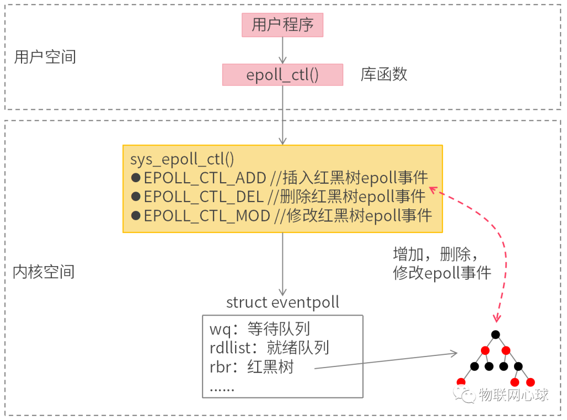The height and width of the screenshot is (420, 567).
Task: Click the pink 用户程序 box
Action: (282, 25)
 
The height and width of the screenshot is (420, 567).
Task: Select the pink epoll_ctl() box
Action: (282, 75)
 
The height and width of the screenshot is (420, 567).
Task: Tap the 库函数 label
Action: (384, 74)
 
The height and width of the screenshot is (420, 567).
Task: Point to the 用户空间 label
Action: (45, 57)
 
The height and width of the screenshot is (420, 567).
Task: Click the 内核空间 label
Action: (44, 271)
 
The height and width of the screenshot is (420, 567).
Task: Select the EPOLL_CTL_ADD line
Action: (286, 177)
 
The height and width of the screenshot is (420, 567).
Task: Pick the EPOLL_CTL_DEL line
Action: (283, 196)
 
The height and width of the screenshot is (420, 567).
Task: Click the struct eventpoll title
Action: (282, 302)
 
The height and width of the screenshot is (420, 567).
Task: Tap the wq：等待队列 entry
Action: (260, 329)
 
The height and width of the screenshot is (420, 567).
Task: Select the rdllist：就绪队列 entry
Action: (269, 348)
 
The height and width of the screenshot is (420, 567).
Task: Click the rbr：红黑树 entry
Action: (251, 367)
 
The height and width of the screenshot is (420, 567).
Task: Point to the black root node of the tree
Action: (495, 334)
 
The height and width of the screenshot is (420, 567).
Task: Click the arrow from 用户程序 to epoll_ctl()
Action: (282, 50)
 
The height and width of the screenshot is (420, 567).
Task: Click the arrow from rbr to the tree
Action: (386, 361)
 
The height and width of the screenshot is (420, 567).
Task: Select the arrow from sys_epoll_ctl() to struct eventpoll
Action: (282, 262)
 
